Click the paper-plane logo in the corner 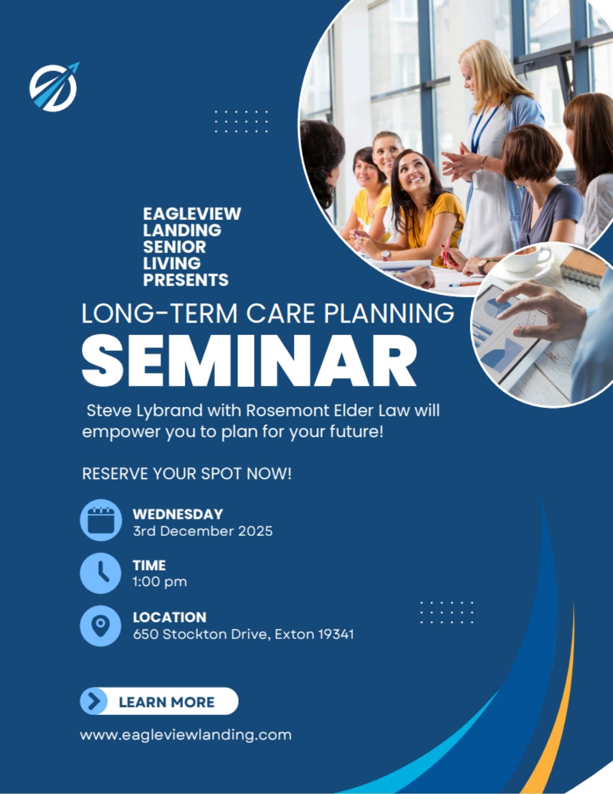click(54, 87)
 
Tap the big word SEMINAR click(249, 360)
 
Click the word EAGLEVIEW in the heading click(192, 214)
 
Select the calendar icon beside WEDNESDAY click(101, 520)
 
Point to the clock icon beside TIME click(101, 573)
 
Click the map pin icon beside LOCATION click(101, 626)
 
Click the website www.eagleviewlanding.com click(186, 735)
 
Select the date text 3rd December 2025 click(203, 531)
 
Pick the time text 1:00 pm click(160, 582)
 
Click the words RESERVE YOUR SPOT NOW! click(187, 474)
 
